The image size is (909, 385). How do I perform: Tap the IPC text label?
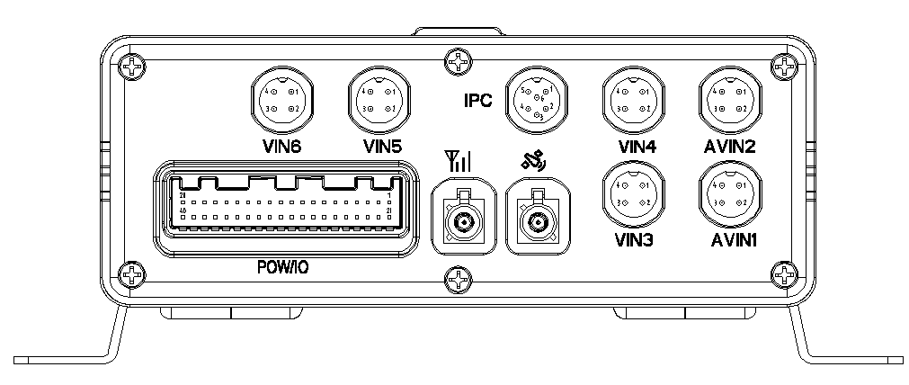(477, 101)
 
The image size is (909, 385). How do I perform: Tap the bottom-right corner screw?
(787, 273)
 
